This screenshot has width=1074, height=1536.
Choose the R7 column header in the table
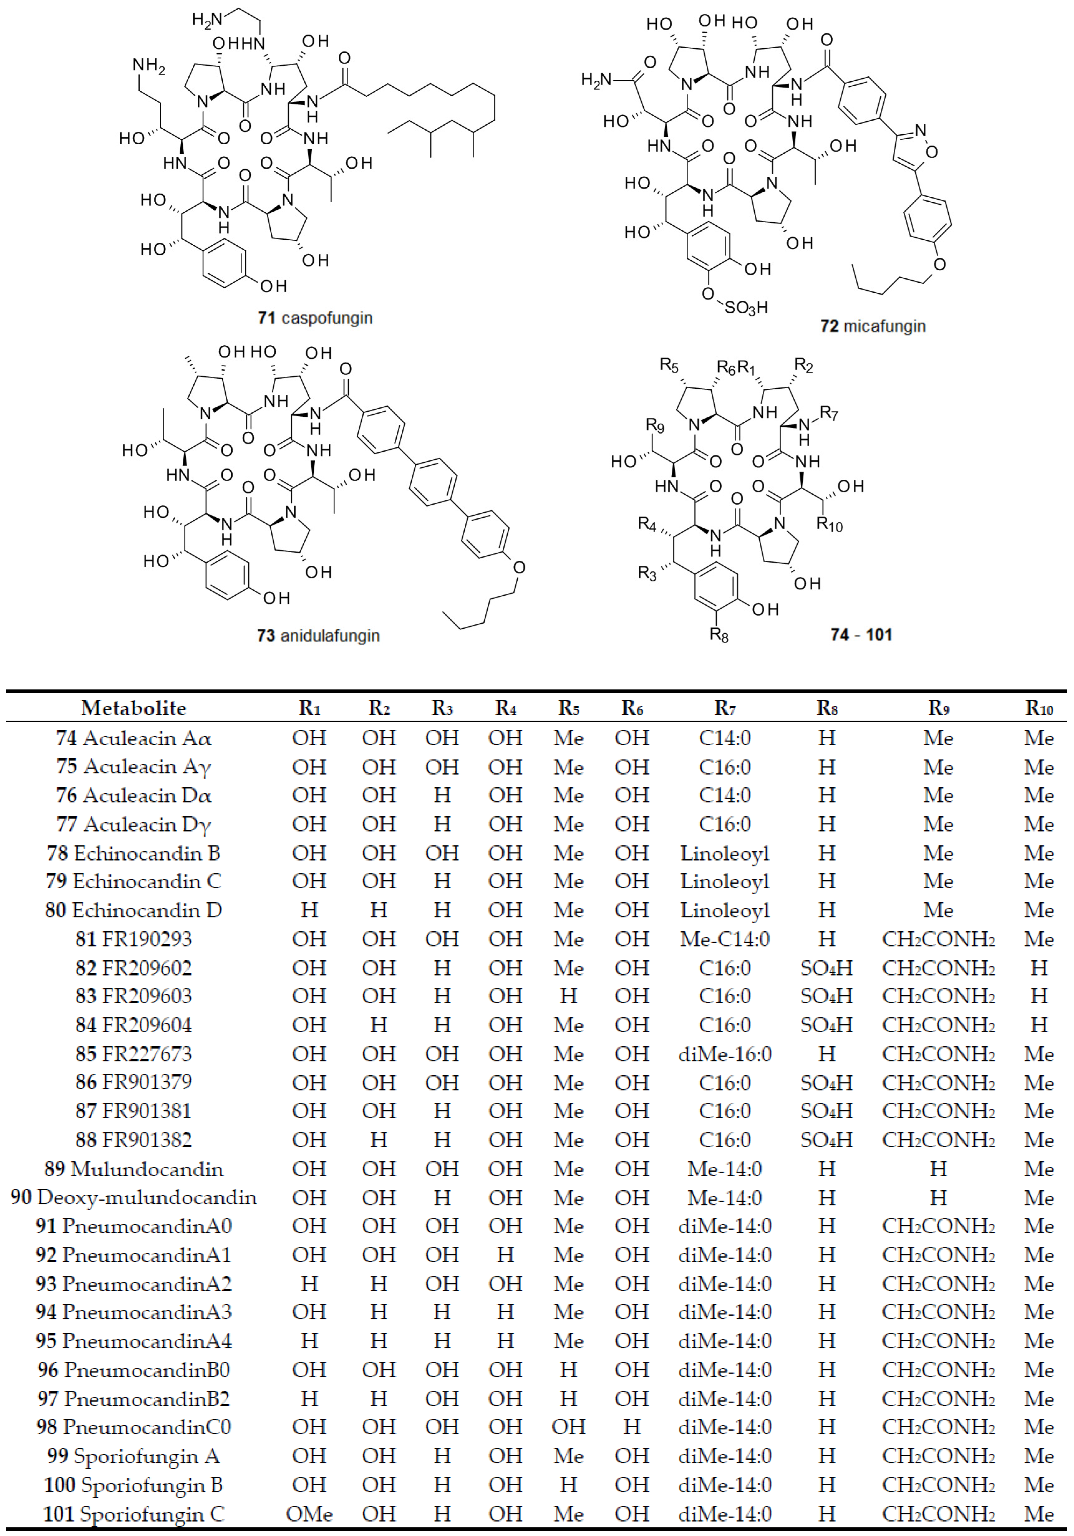pos(725,708)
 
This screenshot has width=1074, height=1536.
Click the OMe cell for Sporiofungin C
pos(309,1514)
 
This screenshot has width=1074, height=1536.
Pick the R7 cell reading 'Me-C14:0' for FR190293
pos(725,939)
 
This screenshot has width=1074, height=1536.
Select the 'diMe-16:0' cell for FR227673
pos(725,1054)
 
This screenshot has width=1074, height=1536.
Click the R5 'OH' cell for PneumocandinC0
pos(568,1427)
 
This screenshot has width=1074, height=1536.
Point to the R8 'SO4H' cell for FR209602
pos(826,968)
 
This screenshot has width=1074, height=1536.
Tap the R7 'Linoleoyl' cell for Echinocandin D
pos(725,910)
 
